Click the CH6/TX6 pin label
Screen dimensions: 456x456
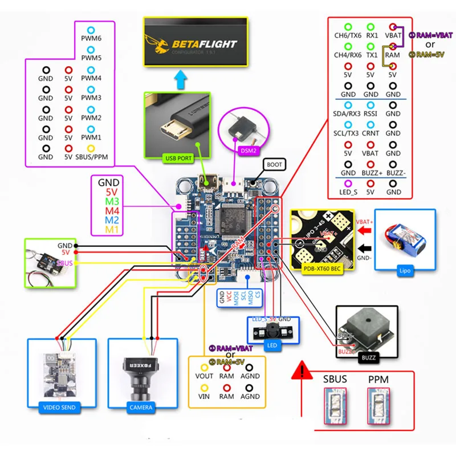pyautogui.click(x=348, y=35)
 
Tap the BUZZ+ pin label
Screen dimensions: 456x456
pyautogui.click(x=370, y=173)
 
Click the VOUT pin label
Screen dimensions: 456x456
pyautogui.click(x=204, y=376)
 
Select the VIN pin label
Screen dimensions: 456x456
pyautogui.click(x=204, y=396)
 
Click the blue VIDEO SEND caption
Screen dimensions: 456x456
pyautogui.click(x=59, y=408)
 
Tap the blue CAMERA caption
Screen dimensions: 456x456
pyautogui.click(x=141, y=407)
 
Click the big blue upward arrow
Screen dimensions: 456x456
pyautogui.click(x=182, y=80)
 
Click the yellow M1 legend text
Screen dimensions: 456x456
pyautogui.click(x=109, y=229)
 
